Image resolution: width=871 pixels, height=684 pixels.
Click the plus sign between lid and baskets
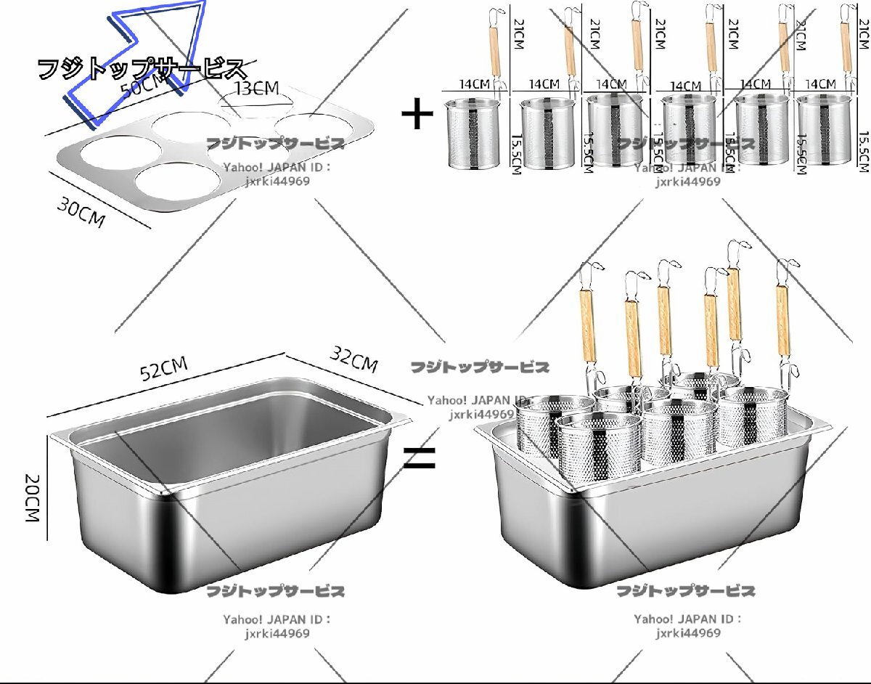[417, 115]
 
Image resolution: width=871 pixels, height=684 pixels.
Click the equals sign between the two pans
[420, 458]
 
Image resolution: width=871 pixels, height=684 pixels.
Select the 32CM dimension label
[354, 357]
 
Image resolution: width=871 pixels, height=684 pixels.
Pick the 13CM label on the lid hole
[256, 89]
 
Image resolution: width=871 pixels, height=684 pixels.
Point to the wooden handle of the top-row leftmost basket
[496, 51]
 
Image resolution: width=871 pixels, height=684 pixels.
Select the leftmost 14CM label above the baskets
[475, 84]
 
